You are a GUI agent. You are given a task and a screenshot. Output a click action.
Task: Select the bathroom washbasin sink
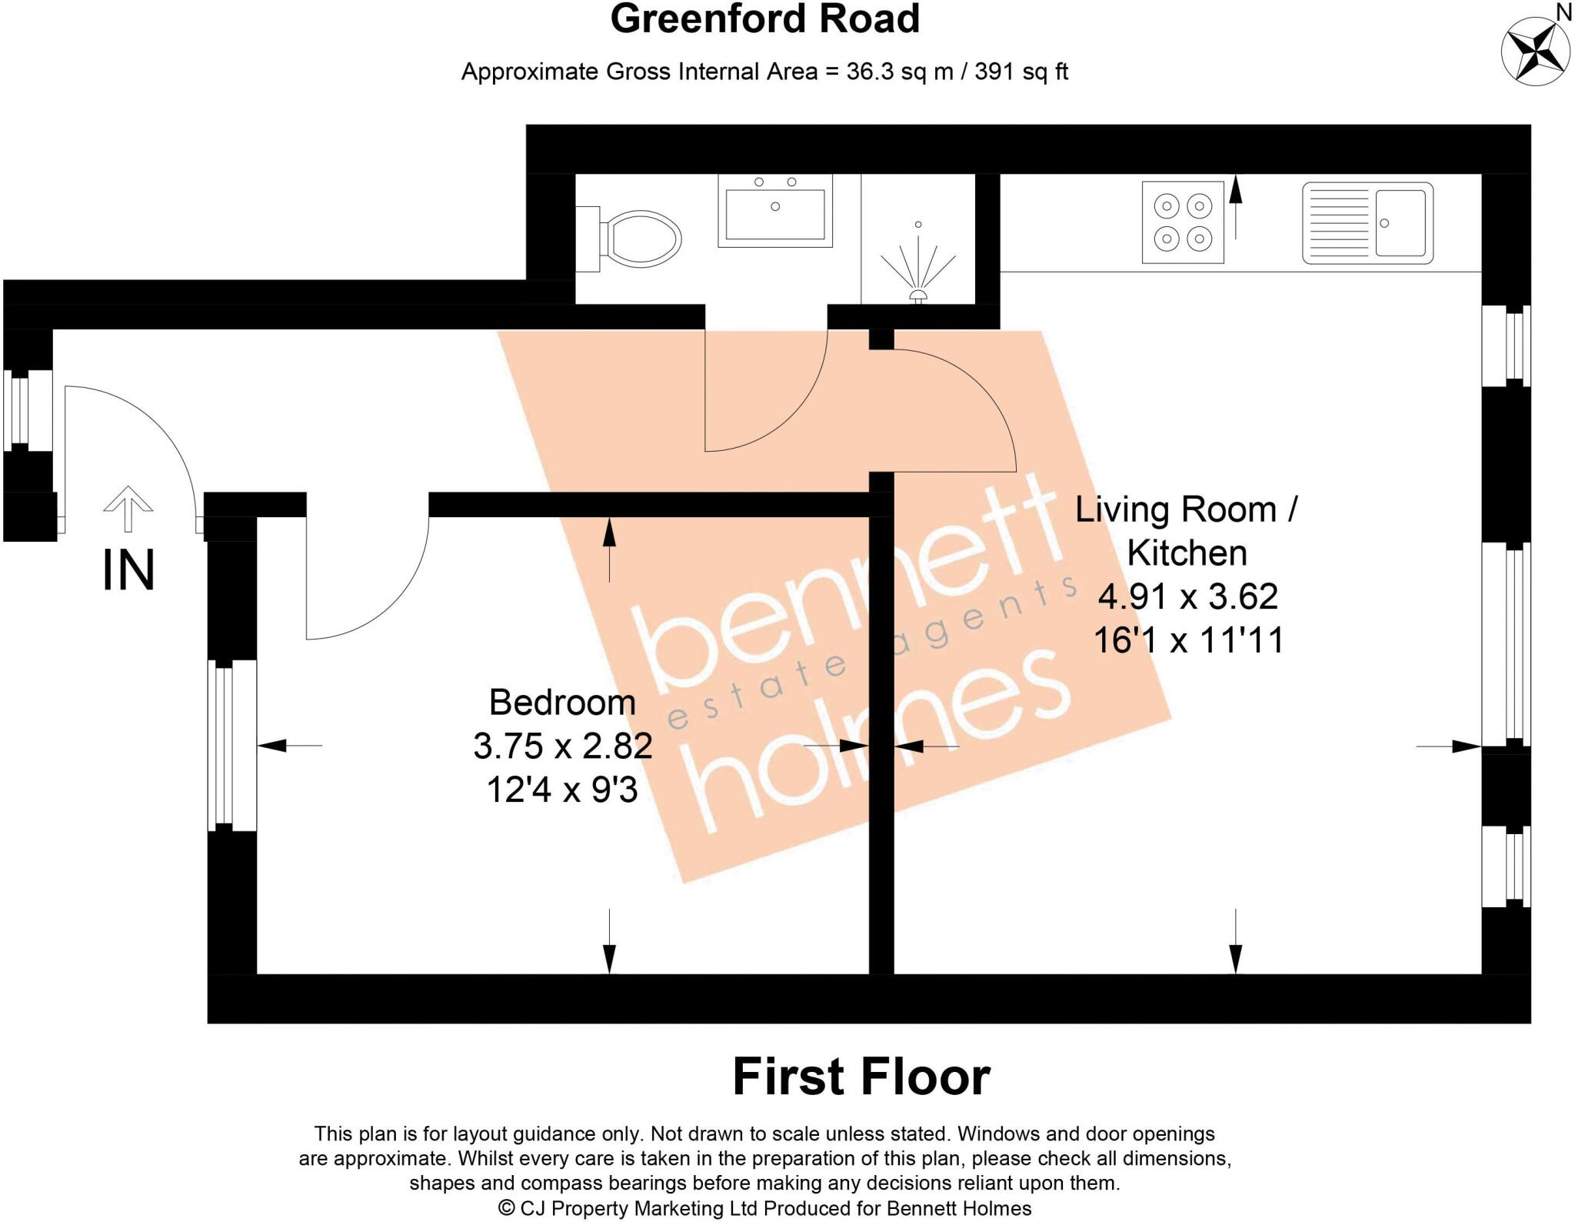point(774,210)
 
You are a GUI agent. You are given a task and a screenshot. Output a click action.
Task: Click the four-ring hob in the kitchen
point(1182,222)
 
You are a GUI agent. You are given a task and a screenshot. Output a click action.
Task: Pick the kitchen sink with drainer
point(1367,222)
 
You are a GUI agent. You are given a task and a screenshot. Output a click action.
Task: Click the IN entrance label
point(128,571)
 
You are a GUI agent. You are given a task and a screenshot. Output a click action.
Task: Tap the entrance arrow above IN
point(128,508)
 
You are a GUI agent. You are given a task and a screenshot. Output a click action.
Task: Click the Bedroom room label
point(562,702)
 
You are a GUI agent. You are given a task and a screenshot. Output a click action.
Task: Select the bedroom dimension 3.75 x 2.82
point(562,746)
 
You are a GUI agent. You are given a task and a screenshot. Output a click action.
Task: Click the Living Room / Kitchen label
point(1187,531)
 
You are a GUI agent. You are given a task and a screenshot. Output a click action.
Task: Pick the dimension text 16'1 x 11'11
point(1188,640)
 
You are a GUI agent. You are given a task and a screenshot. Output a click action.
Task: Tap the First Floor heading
point(861,1077)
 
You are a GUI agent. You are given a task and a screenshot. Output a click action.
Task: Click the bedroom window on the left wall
point(224,745)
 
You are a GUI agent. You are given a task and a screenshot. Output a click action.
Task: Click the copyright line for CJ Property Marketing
point(764,1208)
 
